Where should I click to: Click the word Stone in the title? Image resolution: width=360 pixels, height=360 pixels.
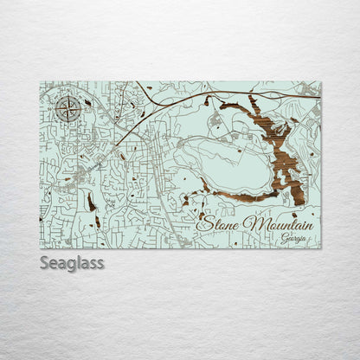click(220, 224)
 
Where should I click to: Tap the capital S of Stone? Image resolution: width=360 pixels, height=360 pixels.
click(205, 224)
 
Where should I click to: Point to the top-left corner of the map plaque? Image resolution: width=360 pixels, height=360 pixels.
click(41, 83)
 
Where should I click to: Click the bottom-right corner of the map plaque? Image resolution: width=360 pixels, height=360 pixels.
click(320, 248)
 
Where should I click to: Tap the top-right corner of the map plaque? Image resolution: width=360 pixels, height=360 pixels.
click(320, 83)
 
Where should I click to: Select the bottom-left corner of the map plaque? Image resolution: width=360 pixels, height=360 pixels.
click(41, 248)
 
